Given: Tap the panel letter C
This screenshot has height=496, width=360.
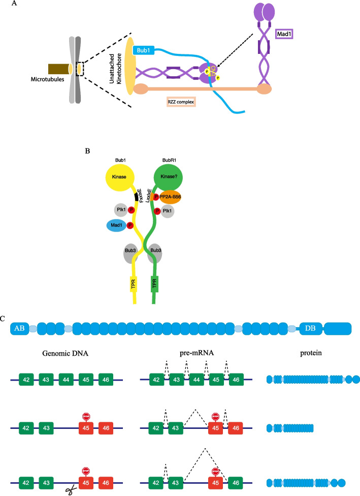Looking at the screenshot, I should [x=4, y=319].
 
